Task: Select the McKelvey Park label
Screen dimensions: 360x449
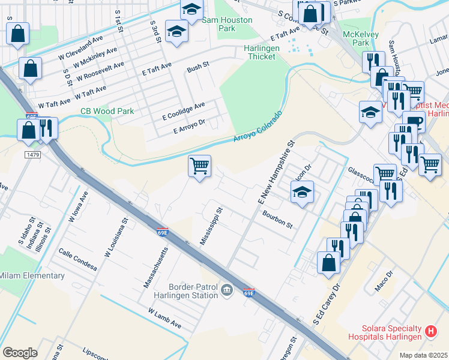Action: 360,38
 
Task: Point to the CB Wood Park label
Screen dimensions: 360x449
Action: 107,111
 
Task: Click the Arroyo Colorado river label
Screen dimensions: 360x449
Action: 258,127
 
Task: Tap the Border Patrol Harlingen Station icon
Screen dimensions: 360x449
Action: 226,291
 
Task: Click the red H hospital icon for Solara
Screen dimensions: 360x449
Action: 430,331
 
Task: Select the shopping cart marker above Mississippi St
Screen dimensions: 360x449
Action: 199,165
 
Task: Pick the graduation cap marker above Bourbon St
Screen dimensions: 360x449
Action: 303,193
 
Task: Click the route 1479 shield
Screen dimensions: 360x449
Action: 33,155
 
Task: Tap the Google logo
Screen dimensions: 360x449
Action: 20,352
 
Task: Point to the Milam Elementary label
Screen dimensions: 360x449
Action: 32,275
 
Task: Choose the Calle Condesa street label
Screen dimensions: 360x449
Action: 77,259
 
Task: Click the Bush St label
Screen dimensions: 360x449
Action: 197,64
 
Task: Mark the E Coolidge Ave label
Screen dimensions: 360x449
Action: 184,110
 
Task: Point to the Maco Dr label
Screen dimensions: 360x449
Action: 384,282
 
